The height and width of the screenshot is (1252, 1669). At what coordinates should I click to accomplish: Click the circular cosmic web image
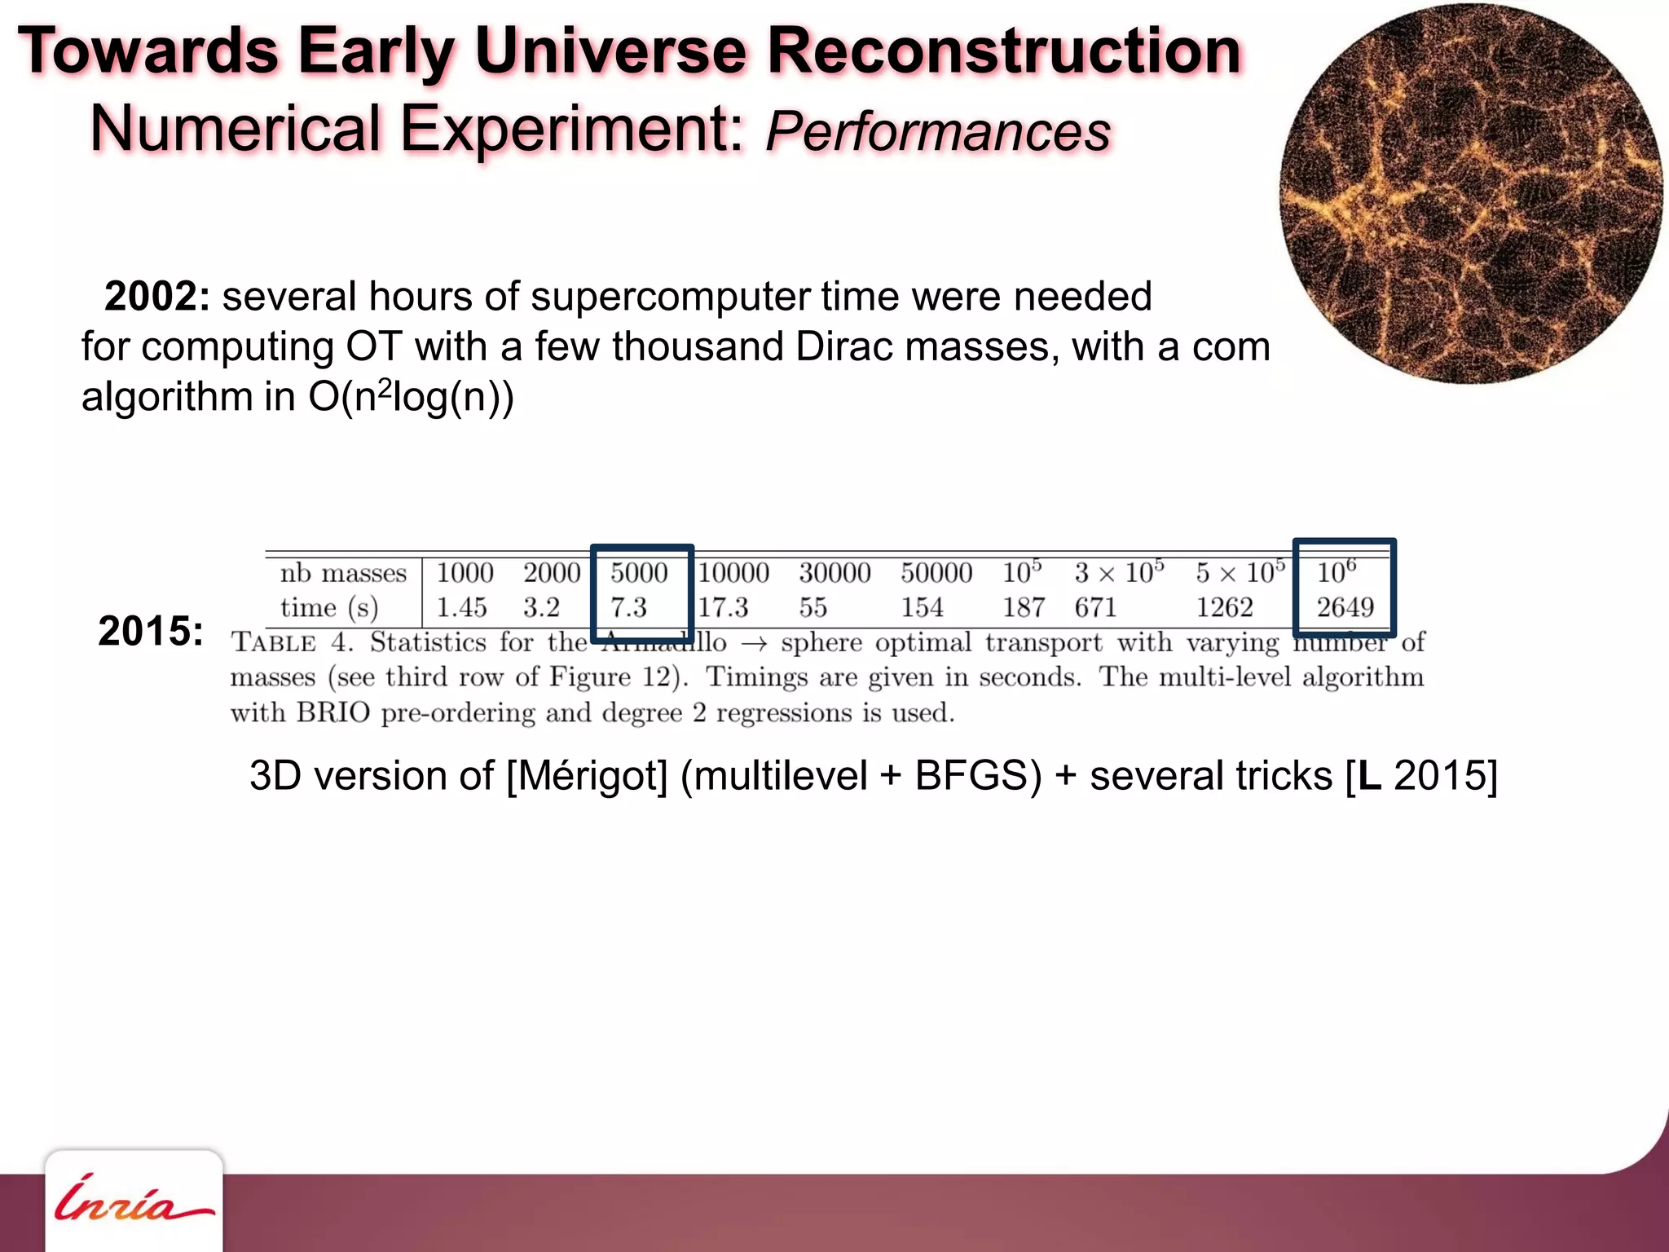coord(1471,193)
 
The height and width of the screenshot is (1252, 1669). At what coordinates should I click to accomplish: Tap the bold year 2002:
coord(157,296)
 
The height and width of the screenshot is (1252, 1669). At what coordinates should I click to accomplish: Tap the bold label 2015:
coord(151,631)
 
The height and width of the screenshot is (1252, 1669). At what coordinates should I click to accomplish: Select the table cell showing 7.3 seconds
coord(628,607)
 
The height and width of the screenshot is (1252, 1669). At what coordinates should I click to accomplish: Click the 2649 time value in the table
coord(1345,607)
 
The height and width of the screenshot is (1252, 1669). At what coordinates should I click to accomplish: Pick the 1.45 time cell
coord(461,607)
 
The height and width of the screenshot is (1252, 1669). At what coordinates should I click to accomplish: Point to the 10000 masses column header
coord(733,573)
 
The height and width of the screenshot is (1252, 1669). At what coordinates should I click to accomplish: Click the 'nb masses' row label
coord(343,573)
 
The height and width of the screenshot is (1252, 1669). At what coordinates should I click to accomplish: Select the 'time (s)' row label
coord(329,608)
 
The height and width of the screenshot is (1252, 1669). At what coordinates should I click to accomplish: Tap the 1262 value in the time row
coord(1224,607)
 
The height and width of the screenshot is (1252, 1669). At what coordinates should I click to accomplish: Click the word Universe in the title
coord(610,51)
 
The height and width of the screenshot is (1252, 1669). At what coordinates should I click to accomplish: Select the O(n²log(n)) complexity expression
coord(411,397)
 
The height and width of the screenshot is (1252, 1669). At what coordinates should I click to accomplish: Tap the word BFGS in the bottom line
coord(978,775)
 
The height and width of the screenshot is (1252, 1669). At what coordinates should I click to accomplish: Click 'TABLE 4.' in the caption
coord(292,643)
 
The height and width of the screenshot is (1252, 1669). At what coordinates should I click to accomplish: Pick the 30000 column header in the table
coord(834,573)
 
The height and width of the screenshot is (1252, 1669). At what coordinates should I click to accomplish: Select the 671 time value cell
coord(1094,607)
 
